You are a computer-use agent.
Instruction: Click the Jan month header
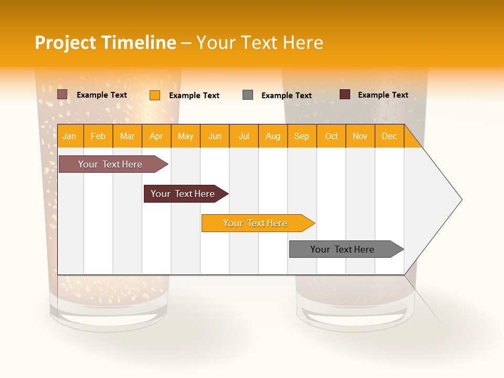click(70, 136)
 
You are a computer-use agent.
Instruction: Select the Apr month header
click(156, 136)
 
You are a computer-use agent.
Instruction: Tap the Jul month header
click(244, 136)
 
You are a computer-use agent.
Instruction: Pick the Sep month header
click(302, 136)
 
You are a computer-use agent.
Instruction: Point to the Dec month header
click(389, 136)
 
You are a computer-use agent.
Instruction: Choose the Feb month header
click(98, 136)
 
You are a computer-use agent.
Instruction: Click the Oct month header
click(331, 136)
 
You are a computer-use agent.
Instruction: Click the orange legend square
click(155, 95)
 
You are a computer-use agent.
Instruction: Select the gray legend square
click(248, 95)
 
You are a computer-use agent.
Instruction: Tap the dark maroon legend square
click(345, 94)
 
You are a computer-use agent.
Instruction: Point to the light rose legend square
click(62, 94)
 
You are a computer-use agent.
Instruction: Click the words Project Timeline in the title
click(105, 43)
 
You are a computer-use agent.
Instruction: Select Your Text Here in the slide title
click(260, 43)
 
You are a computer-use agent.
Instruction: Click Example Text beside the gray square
click(287, 96)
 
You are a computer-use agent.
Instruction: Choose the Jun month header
click(215, 136)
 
